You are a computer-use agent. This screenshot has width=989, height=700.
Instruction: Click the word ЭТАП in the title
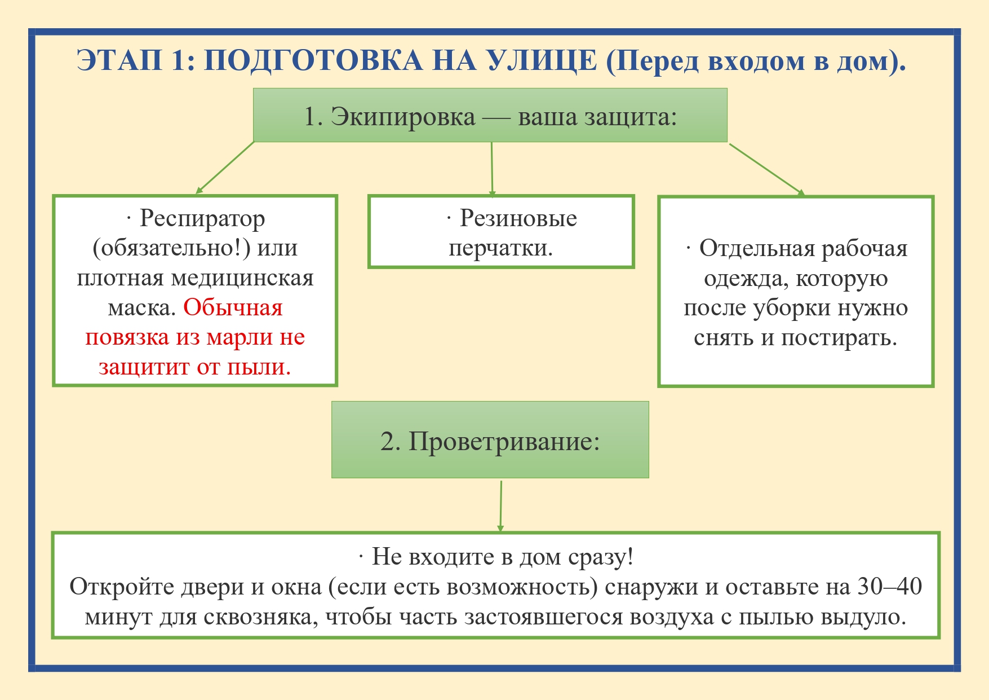[119, 60]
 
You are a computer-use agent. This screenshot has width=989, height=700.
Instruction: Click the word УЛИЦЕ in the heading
[542, 60]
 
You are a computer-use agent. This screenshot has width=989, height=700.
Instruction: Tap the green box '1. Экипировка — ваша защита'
[490, 115]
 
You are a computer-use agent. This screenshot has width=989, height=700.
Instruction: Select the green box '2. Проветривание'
[490, 440]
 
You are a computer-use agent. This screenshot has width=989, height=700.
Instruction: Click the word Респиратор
[202, 219]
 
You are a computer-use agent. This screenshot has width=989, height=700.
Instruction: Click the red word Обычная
[233, 307]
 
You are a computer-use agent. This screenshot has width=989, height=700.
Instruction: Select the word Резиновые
[518, 218]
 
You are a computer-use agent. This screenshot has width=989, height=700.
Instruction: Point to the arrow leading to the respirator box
[225, 168]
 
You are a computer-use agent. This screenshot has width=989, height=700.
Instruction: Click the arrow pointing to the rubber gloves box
[492, 169]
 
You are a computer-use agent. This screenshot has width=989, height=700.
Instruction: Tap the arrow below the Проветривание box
[500, 506]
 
